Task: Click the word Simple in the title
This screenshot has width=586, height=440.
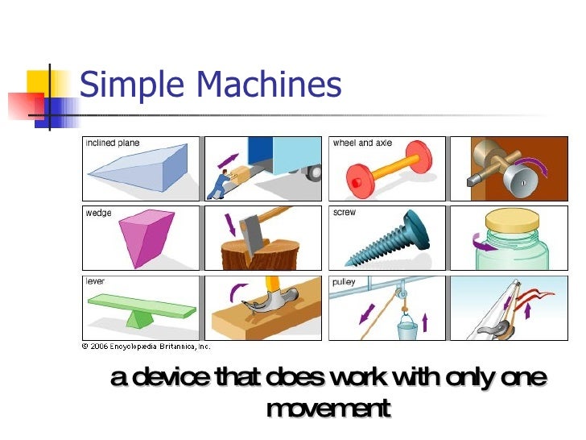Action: (129, 85)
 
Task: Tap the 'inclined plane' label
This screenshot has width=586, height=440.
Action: (113, 143)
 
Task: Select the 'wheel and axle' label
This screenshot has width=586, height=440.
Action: (362, 143)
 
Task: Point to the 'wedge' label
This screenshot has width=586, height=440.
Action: (98, 214)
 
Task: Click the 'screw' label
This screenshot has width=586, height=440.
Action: (344, 214)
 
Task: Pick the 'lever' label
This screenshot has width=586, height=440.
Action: (95, 282)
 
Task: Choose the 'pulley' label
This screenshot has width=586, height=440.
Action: (344, 283)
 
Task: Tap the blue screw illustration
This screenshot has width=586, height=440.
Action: (386, 241)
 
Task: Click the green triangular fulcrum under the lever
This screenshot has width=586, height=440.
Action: (142, 318)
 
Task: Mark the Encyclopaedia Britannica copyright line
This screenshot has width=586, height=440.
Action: (146, 346)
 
